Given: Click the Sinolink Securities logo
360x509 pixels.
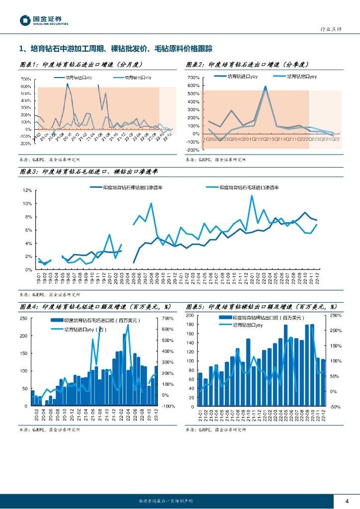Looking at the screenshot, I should point(44,20).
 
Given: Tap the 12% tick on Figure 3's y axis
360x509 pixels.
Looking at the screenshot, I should point(28,190).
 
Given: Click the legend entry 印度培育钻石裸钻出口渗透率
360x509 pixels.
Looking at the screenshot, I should point(132,187).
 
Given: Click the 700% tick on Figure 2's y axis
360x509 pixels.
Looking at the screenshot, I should point(193,78).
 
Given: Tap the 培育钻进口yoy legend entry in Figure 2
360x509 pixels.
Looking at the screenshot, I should point(242,77).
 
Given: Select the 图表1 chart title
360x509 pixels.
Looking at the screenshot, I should point(81,65).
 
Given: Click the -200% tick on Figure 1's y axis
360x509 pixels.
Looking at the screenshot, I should point(25,144).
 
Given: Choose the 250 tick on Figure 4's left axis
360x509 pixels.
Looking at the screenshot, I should point(23,319).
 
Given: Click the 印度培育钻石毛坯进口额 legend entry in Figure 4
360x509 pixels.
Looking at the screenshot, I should point(94,321).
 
